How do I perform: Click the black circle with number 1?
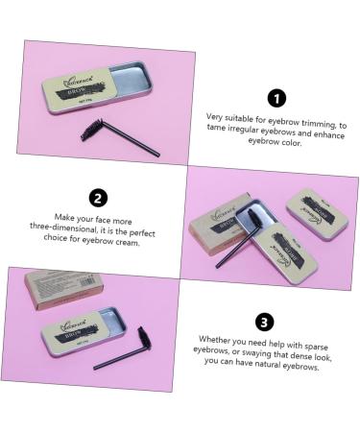tap(277, 97)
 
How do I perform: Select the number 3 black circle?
tap(266, 322)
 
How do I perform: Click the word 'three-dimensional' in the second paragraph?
tap(77, 231)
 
